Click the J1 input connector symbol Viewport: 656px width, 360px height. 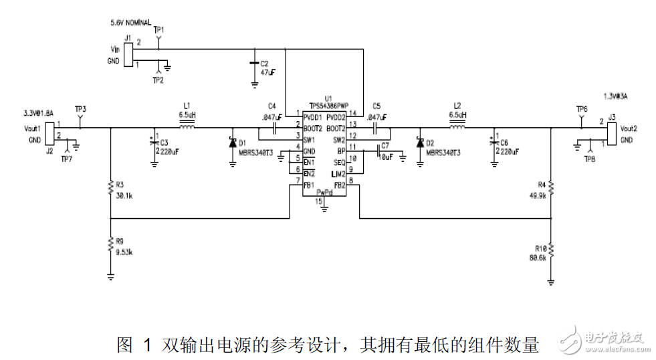(x=130, y=54)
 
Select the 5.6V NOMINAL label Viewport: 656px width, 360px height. (x=131, y=23)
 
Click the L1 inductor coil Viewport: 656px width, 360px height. (x=187, y=127)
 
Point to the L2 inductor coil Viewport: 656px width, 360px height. (x=457, y=127)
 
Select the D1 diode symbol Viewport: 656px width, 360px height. (x=232, y=143)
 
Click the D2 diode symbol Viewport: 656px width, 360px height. (x=420, y=143)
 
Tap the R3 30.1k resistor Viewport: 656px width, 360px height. (x=110, y=190)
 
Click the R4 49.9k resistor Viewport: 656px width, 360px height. (x=551, y=190)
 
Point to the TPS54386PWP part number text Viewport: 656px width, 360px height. (x=329, y=106)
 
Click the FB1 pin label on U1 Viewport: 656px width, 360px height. (x=309, y=185)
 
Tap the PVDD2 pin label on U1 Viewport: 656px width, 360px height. (x=336, y=116)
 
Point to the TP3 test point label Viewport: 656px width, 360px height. (x=80, y=109)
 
